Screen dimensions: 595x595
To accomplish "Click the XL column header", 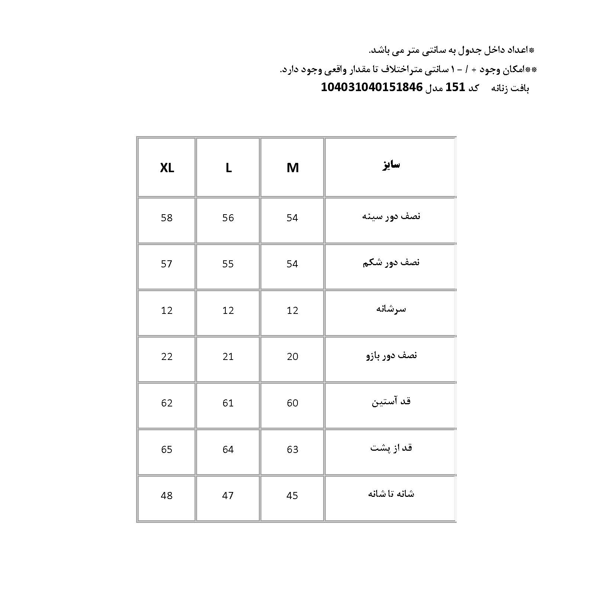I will click(x=167, y=168).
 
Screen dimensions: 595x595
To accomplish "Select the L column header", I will click(x=228, y=168).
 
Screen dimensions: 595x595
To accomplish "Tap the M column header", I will click(x=293, y=168).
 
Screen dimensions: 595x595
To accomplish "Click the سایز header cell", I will click(x=391, y=165).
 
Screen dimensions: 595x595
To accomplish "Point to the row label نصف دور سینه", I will click(x=391, y=216).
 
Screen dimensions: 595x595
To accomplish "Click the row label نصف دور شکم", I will click(x=391, y=263).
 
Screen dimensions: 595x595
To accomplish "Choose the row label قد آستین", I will click(x=391, y=402).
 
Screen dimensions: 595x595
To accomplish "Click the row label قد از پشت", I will click(x=391, y=448).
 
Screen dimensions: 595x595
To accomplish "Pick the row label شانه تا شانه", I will click(x=391, y=494).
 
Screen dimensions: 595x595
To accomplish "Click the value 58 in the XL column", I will click(x=167, y=218).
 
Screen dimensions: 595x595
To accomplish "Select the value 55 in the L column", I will click(x=228, y=264).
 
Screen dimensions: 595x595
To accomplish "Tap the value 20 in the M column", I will click(x=292, y=357).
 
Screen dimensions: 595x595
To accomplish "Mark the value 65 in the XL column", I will click(x=167, y=450).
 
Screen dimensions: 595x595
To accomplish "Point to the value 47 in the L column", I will click(x=228, y=496).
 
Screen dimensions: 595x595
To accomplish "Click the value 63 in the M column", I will click(x=292, y=450).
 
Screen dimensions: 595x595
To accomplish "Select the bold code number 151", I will click(x=456, y=87).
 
